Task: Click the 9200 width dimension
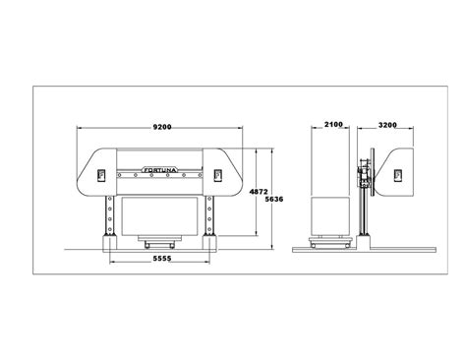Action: pos(161,127)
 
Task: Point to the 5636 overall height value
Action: pos(276,199)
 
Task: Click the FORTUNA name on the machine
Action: pos(162,169)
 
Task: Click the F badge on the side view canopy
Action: pos(398,174)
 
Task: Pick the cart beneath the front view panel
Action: pos(160,240)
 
